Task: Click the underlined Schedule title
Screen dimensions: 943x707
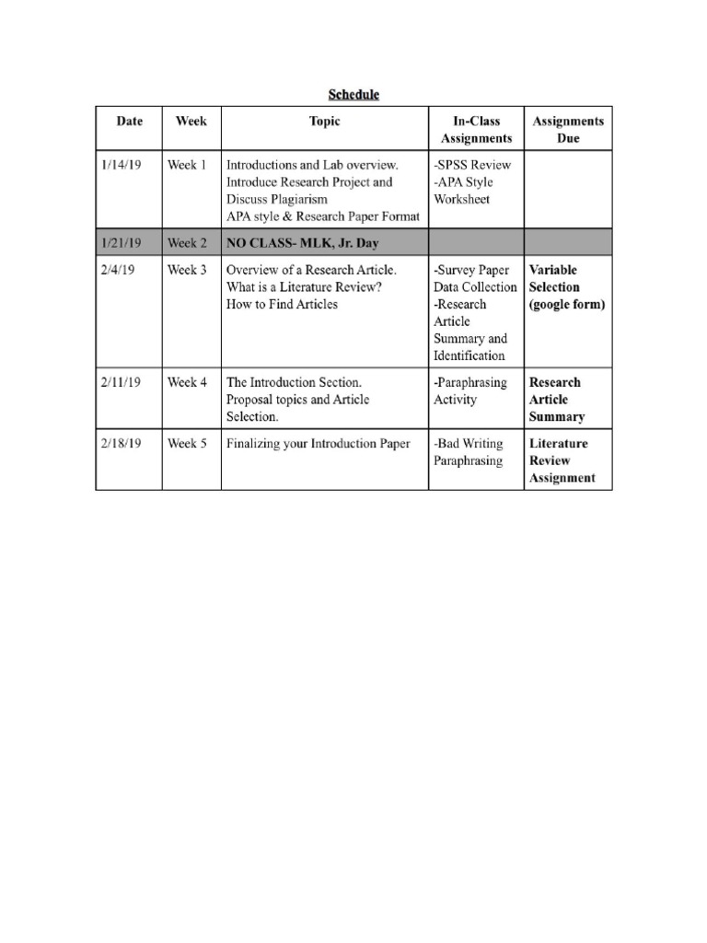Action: [354, 94]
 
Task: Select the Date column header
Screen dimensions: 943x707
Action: [129, 121]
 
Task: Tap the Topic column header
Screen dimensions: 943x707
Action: [324, 121]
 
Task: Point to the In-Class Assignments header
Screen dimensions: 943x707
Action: [476, 130]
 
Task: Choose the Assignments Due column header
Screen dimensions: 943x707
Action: [568, 130]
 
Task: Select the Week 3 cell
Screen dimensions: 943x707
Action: [187, 270]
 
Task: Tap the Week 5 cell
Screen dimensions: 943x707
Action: [187, 443]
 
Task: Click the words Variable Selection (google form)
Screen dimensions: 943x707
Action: [566, 287]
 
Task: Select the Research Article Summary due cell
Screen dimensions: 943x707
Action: [557, 400]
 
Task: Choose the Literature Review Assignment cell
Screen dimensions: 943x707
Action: [562, 460]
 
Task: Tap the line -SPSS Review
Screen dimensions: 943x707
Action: [472, 165]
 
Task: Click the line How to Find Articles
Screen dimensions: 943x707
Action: [282, 305]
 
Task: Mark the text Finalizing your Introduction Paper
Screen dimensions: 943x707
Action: [319, 443]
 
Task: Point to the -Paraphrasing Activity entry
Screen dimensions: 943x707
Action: [470, 390]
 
